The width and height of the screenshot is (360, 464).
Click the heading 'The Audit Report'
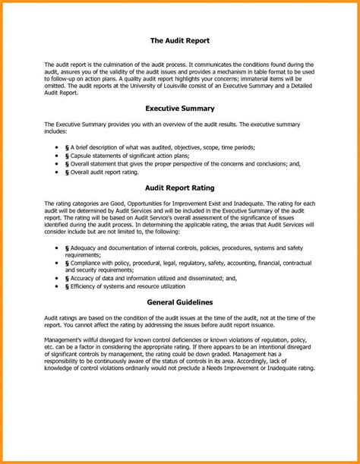coord(179,39)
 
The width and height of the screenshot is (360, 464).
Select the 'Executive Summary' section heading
coord(179,109)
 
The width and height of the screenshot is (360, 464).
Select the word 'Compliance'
coord(90,263)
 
